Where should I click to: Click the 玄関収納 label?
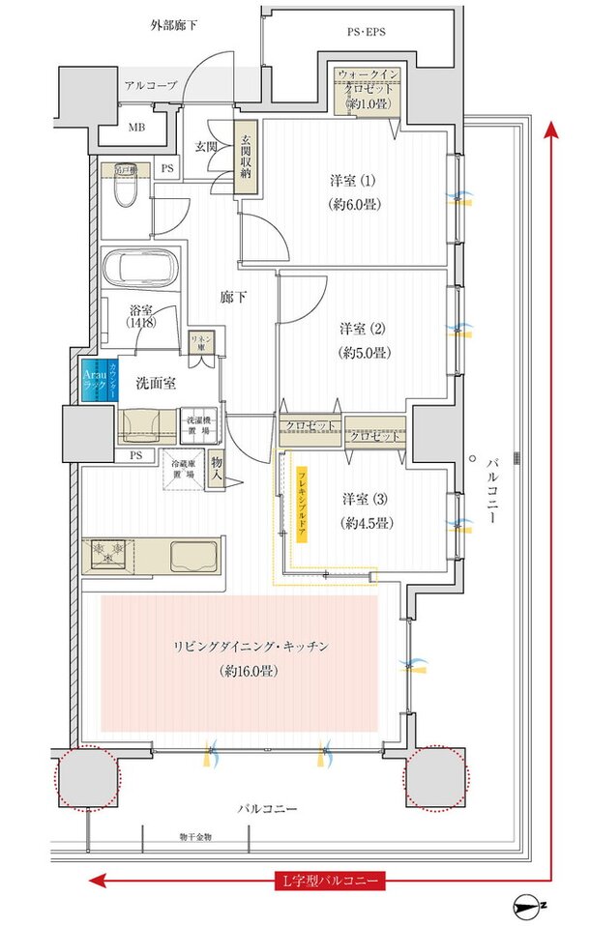[247, 159]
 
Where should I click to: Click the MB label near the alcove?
[137, 125]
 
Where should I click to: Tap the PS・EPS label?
[366, 33]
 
